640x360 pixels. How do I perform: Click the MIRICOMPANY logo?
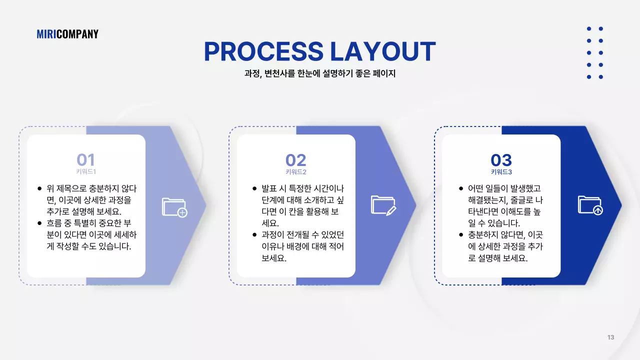point(67,34)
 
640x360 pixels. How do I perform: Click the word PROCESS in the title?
point(263,51)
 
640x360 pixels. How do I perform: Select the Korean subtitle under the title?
point(320,73)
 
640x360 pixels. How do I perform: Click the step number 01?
point(85,160)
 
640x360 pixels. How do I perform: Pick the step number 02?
point(295,160)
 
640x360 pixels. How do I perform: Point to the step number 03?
point(501,160)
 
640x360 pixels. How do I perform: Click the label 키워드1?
point(85,171)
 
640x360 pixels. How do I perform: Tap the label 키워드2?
point(295,171)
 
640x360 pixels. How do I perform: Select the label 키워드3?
point(501,171)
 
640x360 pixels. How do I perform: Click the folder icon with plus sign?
point(174,207)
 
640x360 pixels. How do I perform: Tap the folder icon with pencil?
point(383,205)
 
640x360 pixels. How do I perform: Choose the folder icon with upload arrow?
point(590,205)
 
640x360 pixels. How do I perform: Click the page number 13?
point(610,337)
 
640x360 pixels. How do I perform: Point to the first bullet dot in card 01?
point(39,189)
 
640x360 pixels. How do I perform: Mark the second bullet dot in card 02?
point(254,235)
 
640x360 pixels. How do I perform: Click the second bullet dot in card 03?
point(461,235)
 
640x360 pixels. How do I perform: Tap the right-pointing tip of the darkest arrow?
point(620,205)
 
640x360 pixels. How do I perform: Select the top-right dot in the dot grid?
point(601,29)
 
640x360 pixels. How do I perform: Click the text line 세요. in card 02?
point(270,223)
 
